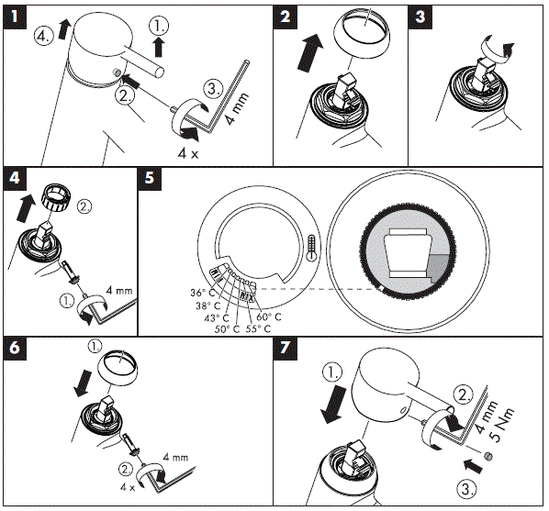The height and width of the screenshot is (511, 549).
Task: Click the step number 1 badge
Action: [x=15, y=17]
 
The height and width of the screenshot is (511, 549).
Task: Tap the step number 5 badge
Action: [x=150, y=178]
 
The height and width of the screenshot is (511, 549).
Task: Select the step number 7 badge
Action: [x=285, y=348]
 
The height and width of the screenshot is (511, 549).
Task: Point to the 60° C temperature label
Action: [x=269, y=317]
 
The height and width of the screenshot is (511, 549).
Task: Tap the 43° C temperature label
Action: [x=217, y=318]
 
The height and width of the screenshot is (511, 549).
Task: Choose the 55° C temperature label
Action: [x=258, y=329]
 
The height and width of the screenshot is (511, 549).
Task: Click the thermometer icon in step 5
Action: [x=310, y=248]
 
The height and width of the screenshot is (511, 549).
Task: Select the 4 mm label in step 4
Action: [x=119, y=291]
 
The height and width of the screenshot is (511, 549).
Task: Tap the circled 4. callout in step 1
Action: [x=44, y=36]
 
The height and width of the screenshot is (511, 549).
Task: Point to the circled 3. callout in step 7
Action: [x=467, y=489]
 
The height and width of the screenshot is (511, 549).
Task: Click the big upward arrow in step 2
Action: [x=309, y=52]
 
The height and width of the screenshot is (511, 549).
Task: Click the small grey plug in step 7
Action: [x=488, y=456]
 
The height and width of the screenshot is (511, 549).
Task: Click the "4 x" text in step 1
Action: [x=188, y=153]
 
